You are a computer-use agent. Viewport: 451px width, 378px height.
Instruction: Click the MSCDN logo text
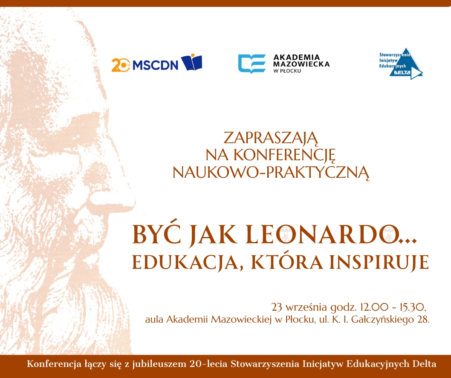point(155,65)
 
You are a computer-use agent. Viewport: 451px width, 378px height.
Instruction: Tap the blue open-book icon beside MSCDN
point(191,62)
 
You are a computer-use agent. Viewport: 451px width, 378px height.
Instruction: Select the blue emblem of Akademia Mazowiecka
point(252,63)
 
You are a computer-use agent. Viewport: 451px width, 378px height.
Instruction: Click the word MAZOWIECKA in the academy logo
point(301,64)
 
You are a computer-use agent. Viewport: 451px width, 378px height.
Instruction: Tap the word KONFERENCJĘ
point(284,155)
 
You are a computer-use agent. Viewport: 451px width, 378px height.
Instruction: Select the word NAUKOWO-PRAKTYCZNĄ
point(271,172)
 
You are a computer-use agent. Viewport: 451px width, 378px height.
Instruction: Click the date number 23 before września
point(277,307)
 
